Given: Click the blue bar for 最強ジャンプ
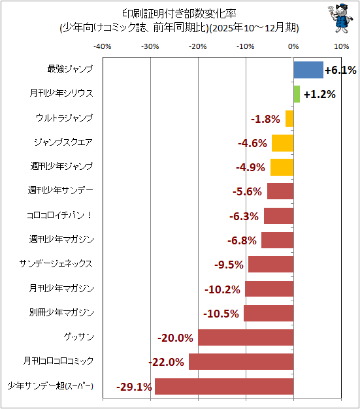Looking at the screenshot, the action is (x=308, y=70).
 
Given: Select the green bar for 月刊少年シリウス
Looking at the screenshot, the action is (x=297, y=94).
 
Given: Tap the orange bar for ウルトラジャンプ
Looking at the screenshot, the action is (x=289, y=119).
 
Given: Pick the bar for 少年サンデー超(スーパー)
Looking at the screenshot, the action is (x=224, y=386).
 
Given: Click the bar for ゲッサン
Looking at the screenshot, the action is (x=246, y=338).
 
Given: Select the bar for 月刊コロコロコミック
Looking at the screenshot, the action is (x=241, y=362).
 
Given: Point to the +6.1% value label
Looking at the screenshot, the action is (x=340, y=70).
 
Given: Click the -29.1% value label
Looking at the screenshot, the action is (x=134, y=387).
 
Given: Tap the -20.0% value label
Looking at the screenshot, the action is (x=175, y=338).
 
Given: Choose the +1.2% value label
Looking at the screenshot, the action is (x=319, y=95).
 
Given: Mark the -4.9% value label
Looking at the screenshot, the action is (x=250, y=167).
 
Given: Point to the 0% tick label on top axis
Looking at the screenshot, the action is (x=293, y=46).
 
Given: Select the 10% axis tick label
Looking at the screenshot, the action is (x=342, y=46).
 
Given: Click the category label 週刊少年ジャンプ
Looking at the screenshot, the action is (x=61, y=166).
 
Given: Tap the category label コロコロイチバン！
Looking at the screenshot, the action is (x=59, y=215).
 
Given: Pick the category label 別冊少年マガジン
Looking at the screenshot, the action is (x=61, y=312).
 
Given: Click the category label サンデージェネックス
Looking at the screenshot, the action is (x=56, y=264).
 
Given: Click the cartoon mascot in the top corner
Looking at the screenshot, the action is (x=340, y=18).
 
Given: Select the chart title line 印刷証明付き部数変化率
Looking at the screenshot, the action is (x=180, y=14).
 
